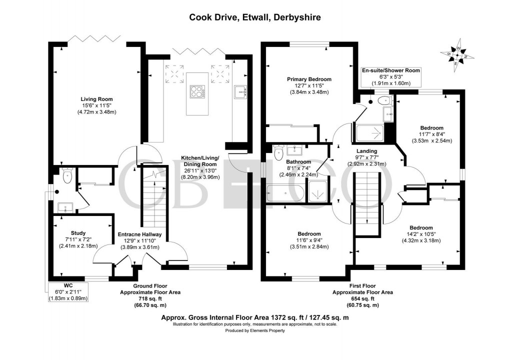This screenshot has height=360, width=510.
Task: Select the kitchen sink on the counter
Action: click(240, 91)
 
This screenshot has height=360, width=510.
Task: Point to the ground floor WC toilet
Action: click(66, 175)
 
